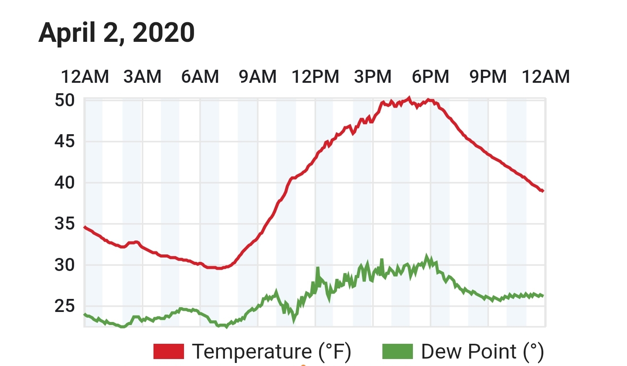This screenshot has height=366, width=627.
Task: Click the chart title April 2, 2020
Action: click(x=116, y=33)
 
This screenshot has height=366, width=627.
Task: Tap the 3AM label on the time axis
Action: click(x=143, y=77)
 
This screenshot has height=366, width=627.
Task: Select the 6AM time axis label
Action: click(x=200, y=77)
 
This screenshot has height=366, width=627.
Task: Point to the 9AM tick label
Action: click(x=258, y=77)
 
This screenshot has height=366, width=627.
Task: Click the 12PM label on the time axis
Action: click(x=315, y=77)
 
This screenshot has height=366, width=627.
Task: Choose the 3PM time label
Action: click(x=373, y=77)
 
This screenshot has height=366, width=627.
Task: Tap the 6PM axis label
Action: click(x=430, y=77)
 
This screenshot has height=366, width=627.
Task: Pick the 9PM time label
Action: click(x=488, y=77)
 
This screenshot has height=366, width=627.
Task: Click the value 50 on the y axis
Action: click(x=65, y=101)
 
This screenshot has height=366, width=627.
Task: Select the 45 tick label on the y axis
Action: click(x=65, y=141)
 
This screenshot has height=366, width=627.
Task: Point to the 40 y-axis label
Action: click(x=65, y=183)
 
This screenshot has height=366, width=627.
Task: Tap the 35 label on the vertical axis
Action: click(x=65, y=224)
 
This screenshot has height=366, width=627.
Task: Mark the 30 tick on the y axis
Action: click(x=65, y=265)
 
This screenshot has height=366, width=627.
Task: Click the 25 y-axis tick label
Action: click(x=65, y=306)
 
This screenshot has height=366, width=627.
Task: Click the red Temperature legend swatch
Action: click(x=169, y=352)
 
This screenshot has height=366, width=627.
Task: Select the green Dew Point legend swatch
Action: click(x=398, y=352)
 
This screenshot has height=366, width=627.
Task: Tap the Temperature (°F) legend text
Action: click(x=272, y=352)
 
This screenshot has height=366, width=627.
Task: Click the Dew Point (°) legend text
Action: click(x=483, y=352)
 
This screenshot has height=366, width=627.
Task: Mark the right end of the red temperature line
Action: click(x=543, y=191)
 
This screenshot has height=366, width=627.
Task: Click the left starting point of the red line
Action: click(x=85, y=227)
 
